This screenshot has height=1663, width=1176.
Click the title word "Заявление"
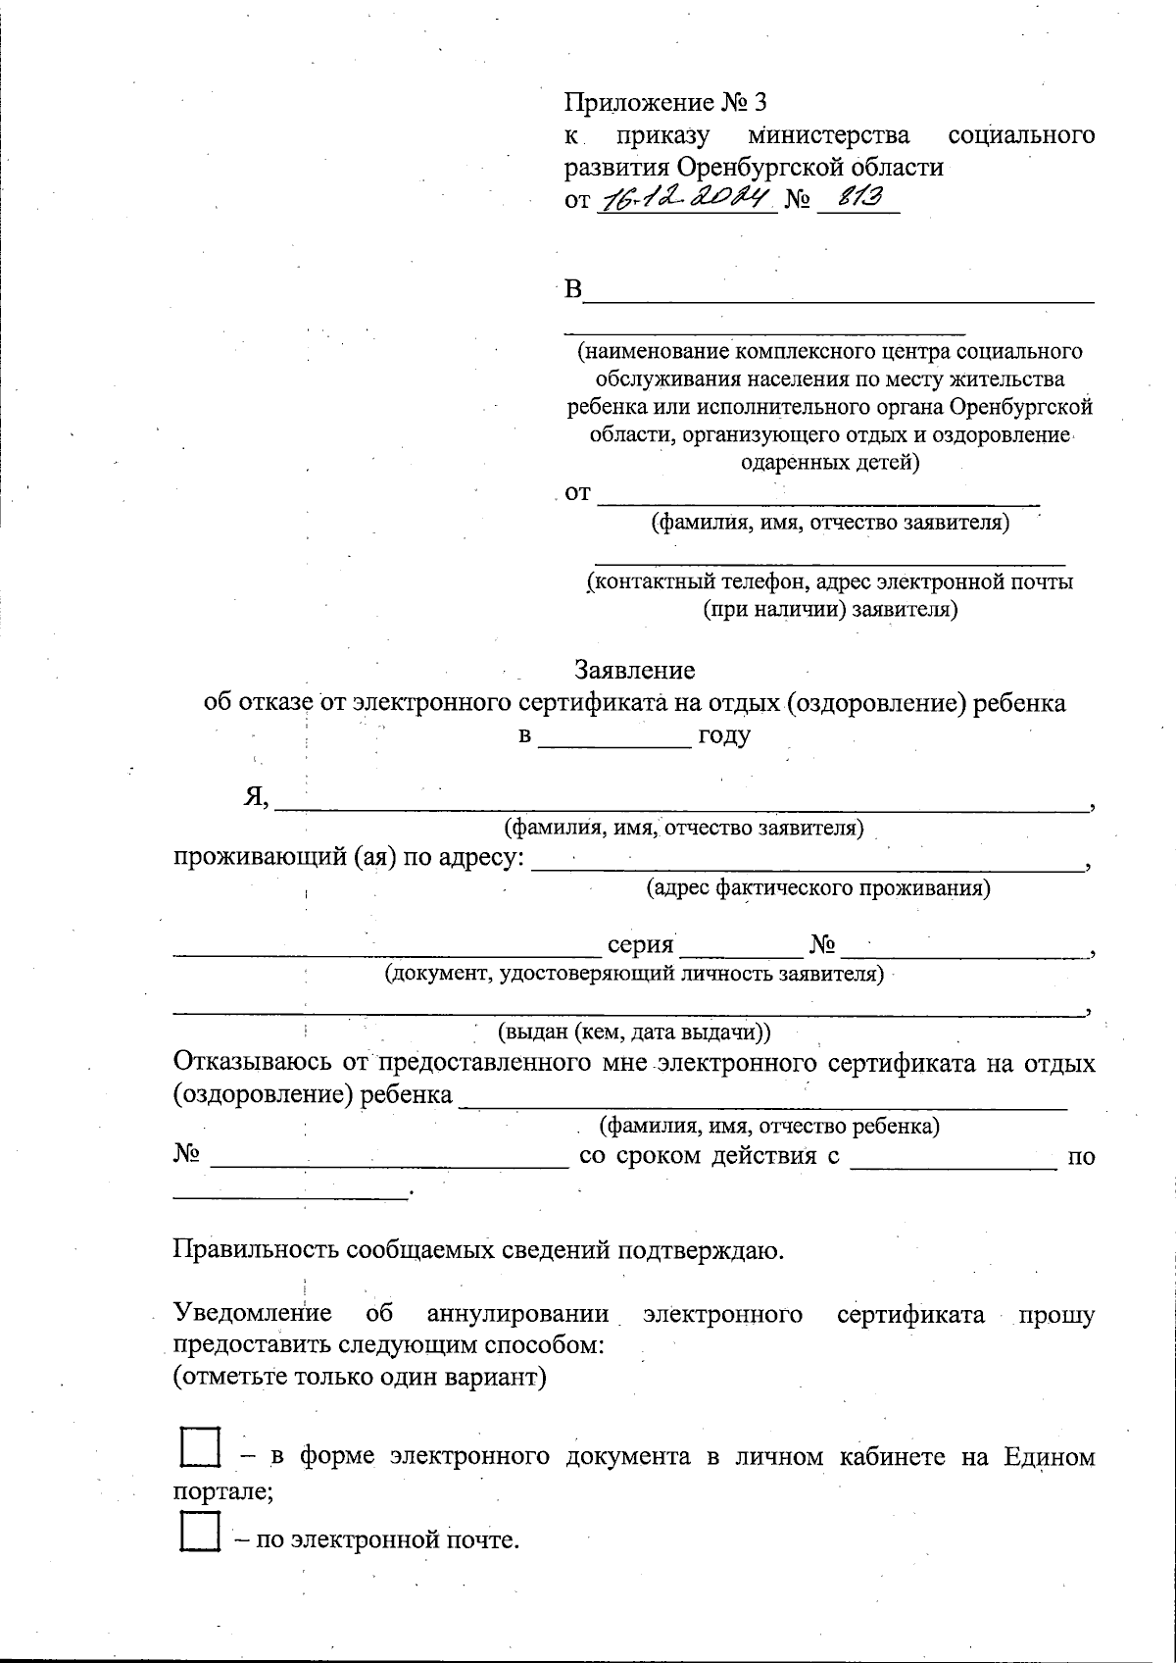(634, 671)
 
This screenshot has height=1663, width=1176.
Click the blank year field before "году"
(615, 737)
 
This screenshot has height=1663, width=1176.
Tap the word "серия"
(640, 945)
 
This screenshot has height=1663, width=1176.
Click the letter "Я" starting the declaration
(255, 798)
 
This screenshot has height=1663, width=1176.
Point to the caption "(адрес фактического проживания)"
(817, 889)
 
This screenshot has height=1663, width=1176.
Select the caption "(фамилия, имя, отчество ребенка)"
(769, 1126)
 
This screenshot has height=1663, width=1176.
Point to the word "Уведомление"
(252, 1314)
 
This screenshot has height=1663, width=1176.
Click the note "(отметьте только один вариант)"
(359, 1377)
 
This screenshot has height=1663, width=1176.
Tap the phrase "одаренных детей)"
(830, 463)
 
